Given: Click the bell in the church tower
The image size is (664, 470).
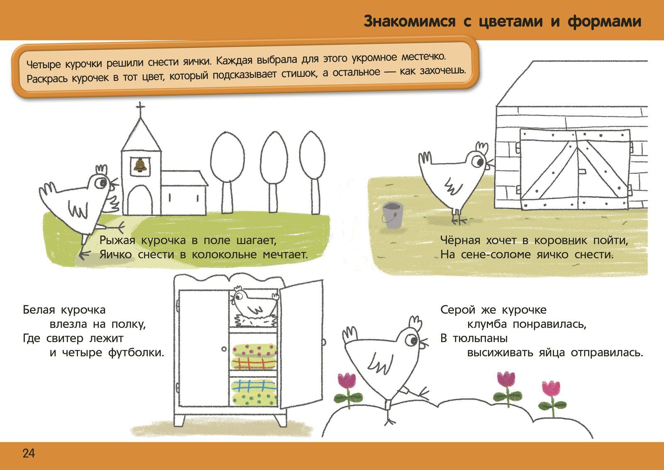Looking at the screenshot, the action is [x=140, y=165].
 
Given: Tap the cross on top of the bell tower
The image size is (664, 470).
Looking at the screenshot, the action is [x=140, y=106].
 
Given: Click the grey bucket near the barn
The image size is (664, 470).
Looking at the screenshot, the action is [x=392, y=215].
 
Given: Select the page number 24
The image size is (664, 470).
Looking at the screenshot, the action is [x=29, y=453].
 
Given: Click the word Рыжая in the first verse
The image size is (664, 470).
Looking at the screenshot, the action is [x=117, y=241].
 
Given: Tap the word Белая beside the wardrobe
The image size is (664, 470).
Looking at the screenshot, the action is [x=39, y=310].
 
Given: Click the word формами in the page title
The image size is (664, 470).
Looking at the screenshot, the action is [x=604, y=21].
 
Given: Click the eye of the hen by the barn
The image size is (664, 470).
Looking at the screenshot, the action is [x=478, y=162].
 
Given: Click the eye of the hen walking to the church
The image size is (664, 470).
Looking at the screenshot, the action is [x=101, y=182].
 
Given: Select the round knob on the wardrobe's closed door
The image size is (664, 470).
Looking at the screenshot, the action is [x=224, y=349].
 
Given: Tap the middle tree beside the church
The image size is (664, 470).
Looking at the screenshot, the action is [x=274, y=172].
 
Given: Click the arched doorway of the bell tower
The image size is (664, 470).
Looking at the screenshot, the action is [x=140, y=200].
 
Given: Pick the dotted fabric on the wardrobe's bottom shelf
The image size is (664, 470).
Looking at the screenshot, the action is [x=254, y=399].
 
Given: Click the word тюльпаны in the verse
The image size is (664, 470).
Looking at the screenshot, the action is [x=480, y=339].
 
